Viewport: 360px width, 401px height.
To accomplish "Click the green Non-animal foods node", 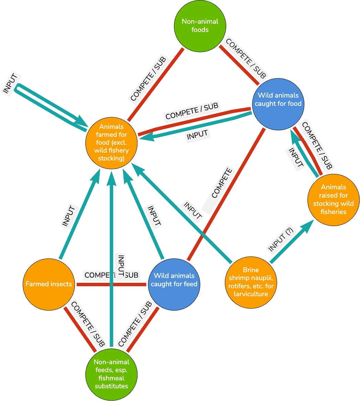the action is click(x=200, y=26).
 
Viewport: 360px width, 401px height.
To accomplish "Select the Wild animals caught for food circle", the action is click(x=278, y=104).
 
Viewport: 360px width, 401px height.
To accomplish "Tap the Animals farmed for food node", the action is click(x=111, y=143).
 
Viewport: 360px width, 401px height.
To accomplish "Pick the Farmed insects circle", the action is click(x=48, y=285).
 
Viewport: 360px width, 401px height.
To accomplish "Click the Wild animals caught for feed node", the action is click(x=174, y=285).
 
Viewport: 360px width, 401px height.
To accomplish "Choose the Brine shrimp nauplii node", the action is click(x=251, y=282).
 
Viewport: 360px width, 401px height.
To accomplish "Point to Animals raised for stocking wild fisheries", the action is click(x=334, y=200).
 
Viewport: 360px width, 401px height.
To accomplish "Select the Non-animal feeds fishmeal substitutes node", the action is click(x=111, y=375).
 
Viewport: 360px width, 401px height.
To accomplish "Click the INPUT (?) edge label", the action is click(x=281, y=240).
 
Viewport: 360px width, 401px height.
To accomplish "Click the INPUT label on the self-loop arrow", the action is click(x=10, y=83).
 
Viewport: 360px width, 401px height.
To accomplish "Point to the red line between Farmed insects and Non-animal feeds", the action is click(x=80, y=329).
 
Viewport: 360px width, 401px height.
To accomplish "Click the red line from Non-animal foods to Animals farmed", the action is click(x=155, y=85).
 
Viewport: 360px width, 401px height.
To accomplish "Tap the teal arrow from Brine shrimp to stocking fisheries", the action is click(x=292, y=241).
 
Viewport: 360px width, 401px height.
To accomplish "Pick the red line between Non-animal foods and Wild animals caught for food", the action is click(x=239, y=65).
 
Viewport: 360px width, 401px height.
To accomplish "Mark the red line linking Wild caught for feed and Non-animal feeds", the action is click(x=143, y=330).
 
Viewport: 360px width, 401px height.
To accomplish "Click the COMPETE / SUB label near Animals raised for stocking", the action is click(x=317, y=145).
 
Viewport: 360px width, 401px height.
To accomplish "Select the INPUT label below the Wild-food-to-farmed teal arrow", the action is click(x=197, y=135).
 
